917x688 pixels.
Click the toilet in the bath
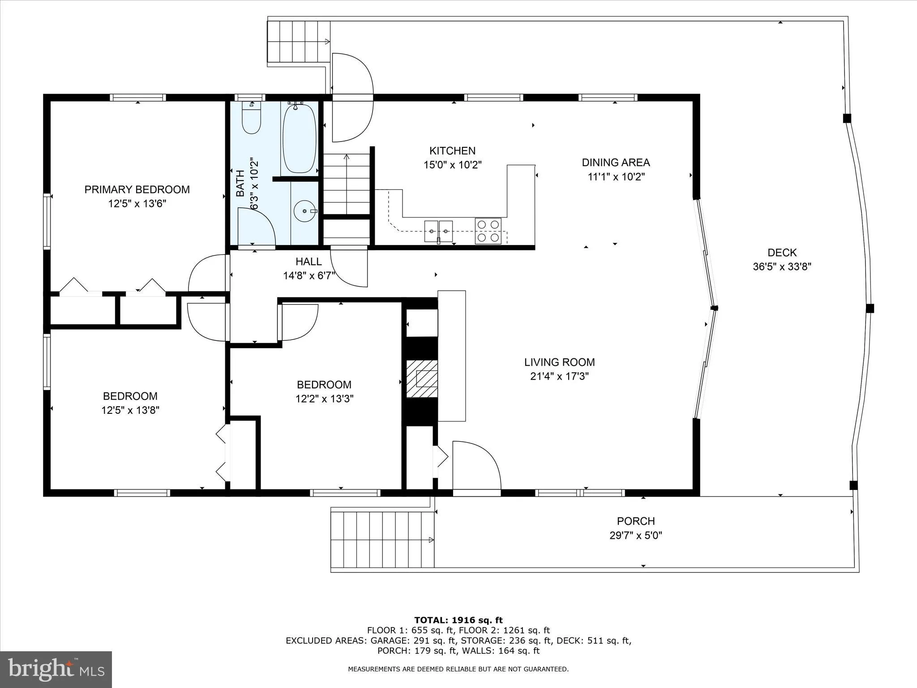tap(251, 118)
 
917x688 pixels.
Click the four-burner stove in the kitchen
tap(488, 231)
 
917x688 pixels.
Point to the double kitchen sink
tap(439, 231)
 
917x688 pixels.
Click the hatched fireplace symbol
tap(422, 378)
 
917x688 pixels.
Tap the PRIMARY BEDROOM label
tap(137, 189)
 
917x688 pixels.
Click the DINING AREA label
tap(616, 163)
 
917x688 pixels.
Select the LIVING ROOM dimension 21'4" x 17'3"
tap(559, 376)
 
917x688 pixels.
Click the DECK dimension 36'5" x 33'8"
tap(782, 267)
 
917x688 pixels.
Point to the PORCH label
tap(636, 521)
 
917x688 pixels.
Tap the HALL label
tap(309, 262)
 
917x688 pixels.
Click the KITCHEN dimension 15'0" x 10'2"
tap(452, 165)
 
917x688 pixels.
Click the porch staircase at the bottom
tap(382, 540)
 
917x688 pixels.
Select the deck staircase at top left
tap(298, 42)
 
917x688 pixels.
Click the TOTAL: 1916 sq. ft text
tap(458, 620)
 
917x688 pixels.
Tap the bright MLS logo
tap(56, 669)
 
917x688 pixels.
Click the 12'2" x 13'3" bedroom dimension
tap(324, 399)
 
